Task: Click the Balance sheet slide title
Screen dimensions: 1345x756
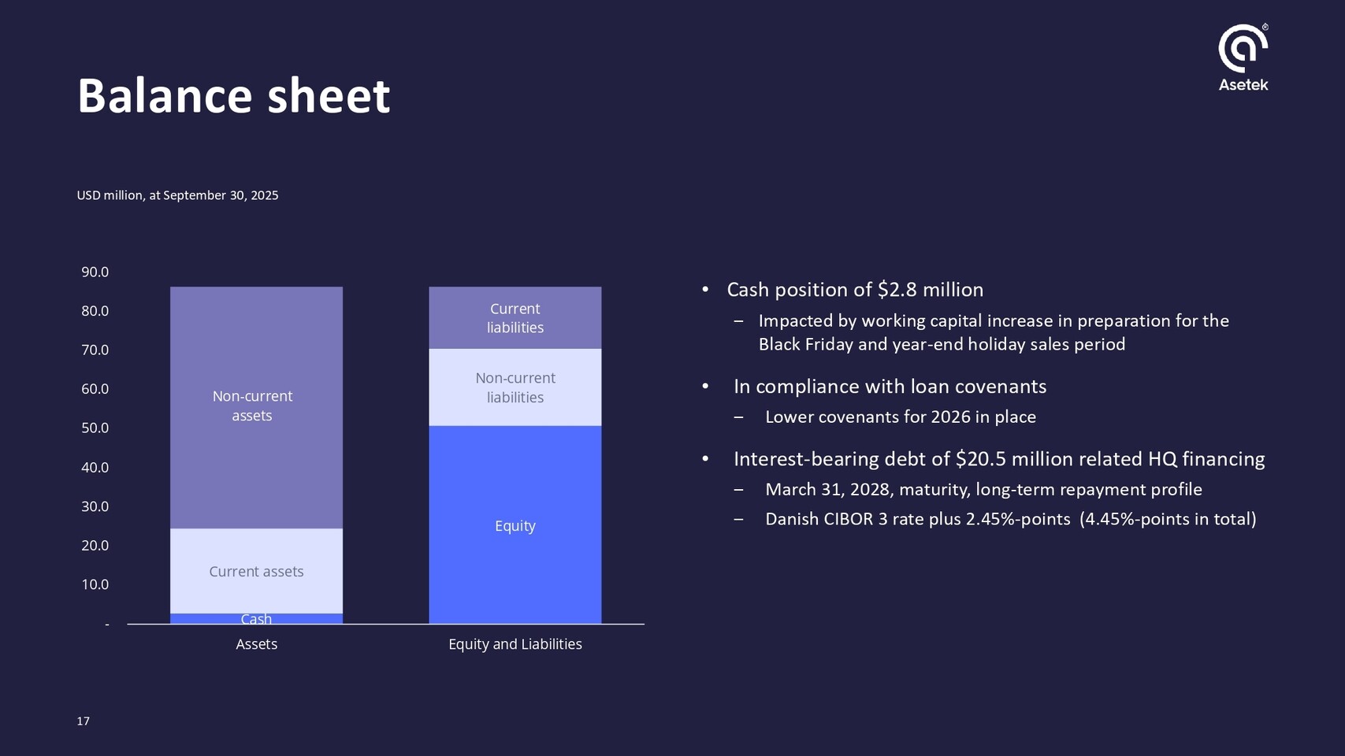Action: point(234,95)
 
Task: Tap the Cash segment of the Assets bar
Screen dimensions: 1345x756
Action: point(256,619)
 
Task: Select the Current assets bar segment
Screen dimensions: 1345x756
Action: point(256,571)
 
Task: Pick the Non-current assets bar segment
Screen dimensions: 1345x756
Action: point(256,407)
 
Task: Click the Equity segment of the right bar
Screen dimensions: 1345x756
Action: point(515,525)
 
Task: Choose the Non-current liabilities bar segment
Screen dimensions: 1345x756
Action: point(515,387)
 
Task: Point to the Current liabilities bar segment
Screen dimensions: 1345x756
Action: point(515,318)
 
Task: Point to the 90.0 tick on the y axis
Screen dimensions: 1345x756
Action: point(95,272)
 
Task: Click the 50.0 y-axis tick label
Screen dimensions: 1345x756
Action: point(95,428)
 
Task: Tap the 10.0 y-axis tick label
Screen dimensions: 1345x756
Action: point(95,584)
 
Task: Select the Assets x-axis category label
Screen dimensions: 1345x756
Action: point(256,644)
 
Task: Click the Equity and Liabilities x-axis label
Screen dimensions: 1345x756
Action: point(515,644)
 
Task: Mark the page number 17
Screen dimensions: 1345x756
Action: point(84,721)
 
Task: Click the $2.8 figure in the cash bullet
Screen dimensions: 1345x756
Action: point(897,290)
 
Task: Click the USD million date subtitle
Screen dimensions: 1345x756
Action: point(178,195)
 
